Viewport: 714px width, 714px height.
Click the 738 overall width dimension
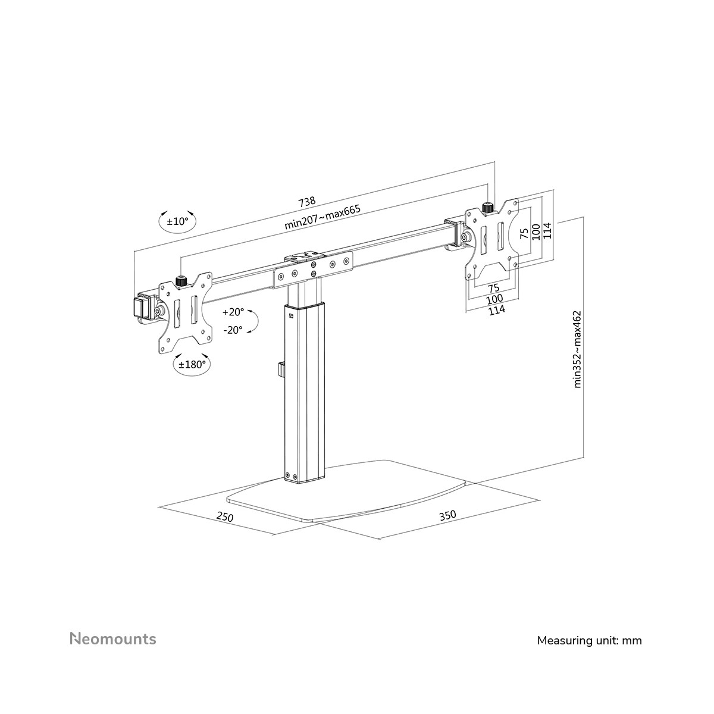pos(307,201)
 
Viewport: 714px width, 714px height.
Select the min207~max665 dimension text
pos(322,218)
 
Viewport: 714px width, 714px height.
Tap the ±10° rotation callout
pos(177,221)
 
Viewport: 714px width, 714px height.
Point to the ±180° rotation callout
pos(192,365)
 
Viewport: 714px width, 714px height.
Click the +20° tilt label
pos(233,312)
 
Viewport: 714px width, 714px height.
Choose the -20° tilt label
pos(233,330)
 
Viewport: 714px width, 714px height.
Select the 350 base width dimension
pos(447,515)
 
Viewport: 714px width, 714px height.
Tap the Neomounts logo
pos(113,639)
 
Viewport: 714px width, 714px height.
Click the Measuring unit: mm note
pos(590,641)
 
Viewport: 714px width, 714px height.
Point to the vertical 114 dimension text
pos(547,230)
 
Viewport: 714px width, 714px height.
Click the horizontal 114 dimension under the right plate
pos(496,310)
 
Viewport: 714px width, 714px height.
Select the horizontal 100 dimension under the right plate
pos(494,299)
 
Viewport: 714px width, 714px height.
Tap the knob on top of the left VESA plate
pos(180,281)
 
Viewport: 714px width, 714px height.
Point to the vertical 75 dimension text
pos(524,233)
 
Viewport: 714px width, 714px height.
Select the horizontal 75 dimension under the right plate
pos(493,287)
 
